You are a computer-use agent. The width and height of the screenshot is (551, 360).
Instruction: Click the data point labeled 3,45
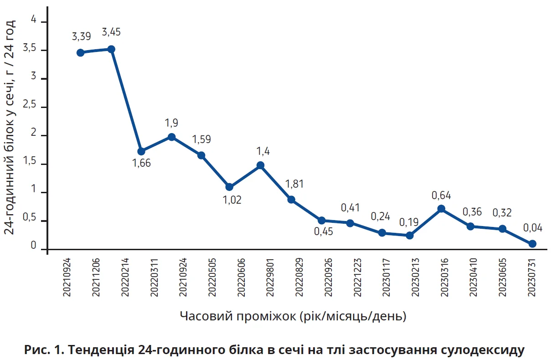(x=111, y=49)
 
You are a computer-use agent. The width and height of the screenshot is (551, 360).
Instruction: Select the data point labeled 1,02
(x=229, y=187)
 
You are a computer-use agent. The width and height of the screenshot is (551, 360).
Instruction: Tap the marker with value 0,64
(x=441, y=209)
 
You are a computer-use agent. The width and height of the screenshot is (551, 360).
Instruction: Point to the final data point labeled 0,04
(x=532, y=244)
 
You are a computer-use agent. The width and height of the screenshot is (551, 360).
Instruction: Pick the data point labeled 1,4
(x=260, y=165)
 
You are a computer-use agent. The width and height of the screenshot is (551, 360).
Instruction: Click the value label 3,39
(x=81, y=37)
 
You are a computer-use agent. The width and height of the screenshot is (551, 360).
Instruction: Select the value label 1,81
(x=294, y=184)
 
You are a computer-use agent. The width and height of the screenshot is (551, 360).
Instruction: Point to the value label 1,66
(x=141, y=163)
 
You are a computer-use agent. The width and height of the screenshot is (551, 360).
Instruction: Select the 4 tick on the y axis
(x=33, y=19)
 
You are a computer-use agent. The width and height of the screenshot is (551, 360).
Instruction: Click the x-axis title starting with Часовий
(x=293, y=316)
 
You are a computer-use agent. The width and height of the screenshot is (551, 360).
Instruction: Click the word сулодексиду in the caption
(x=484, y=350)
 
